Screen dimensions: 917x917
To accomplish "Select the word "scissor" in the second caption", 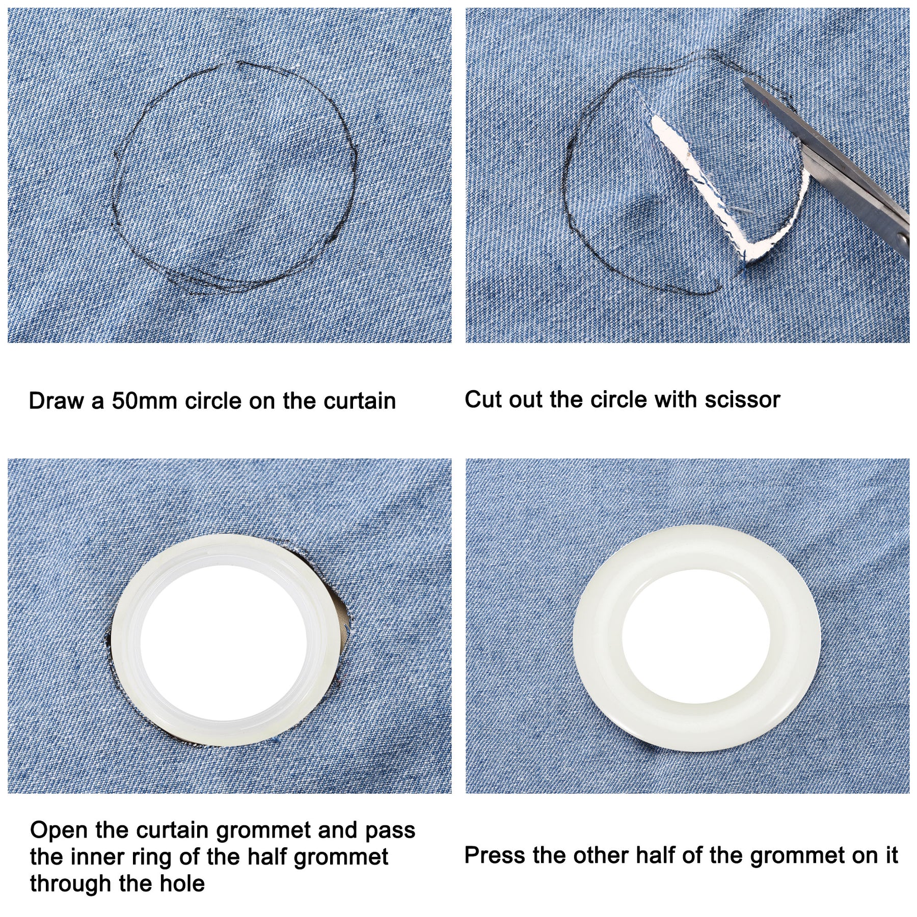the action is click(x=742, y=399).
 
